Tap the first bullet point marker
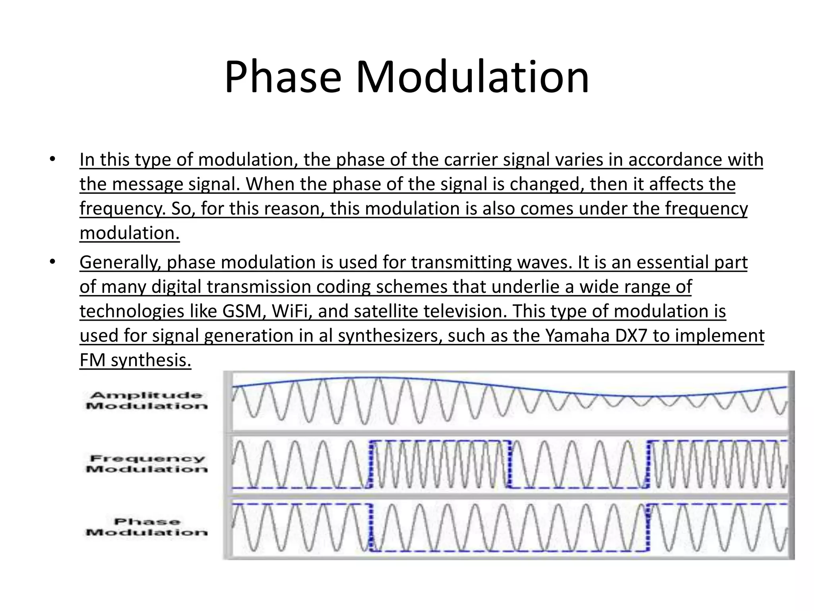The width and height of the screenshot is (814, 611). [52, 160]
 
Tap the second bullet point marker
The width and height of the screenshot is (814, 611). [52, 262]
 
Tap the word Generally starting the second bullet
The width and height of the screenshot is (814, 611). [119, 263]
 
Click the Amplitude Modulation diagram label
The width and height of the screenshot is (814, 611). [147, 401]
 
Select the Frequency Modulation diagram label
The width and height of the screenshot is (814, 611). [147, 464]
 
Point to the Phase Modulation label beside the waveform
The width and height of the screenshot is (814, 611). [147, 527]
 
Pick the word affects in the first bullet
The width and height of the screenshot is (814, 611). [672, 184]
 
